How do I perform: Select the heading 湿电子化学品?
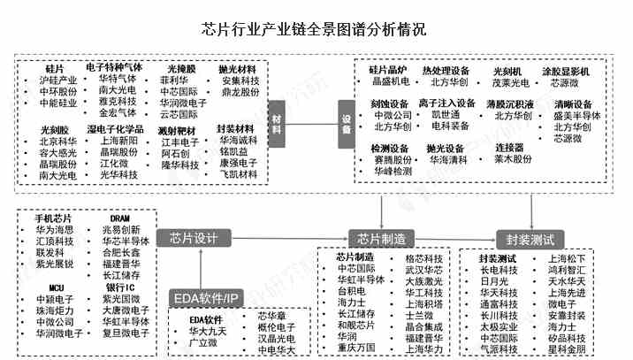115,129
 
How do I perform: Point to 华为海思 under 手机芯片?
55,229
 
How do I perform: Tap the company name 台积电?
352,290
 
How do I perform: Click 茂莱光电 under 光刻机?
510,82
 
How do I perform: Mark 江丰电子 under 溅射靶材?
179,142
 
